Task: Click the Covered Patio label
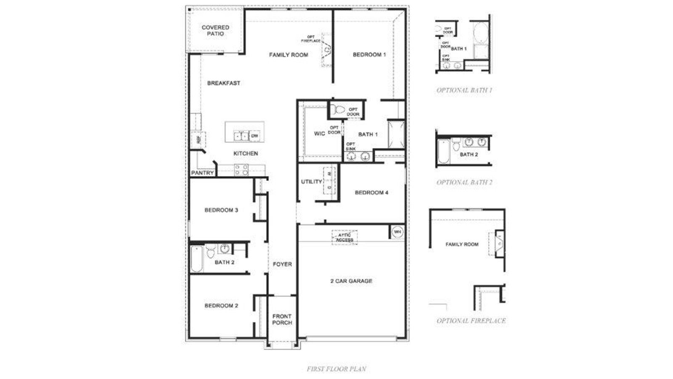coord(215,30)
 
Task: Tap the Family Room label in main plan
coord(289,55)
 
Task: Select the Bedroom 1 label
coord(369,55)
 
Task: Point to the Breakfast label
coord(224,83)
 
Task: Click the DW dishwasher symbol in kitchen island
coord(254,136)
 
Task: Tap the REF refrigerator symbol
coord(198,139)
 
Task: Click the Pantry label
coord(203,173)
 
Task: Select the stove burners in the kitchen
coord(241,170)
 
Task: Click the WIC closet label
coord(320,134)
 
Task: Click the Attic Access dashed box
coord(344,238)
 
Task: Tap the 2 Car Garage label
coord(351,281)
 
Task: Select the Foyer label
coord(282,264)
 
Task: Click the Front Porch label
coord(282,320)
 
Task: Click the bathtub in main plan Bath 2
coord(196,259)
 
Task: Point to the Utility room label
coord(312,182)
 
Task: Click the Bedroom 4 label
coord(371,193)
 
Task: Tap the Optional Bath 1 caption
coord(464,90)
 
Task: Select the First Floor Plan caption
coord(336,369)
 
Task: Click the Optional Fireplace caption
coord(471,321)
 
